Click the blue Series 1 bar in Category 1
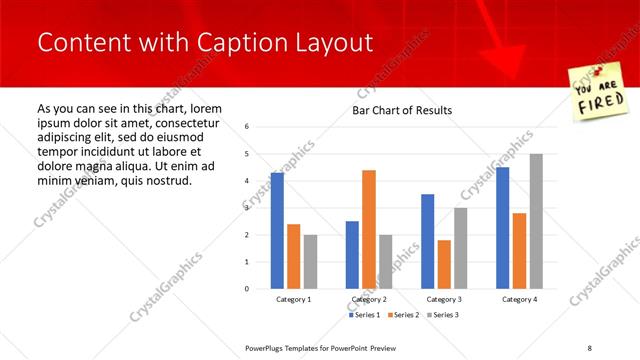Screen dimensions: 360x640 tap(277, 231)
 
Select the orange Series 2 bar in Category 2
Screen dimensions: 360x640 tap(368, 229)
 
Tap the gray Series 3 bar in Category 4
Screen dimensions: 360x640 tap(535, 221)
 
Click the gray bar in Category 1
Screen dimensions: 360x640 tap(310, 262)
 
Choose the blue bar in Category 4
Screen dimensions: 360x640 tap(502, 228)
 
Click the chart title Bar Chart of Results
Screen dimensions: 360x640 tap(402, 110)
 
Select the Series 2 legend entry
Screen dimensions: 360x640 tap(404, 315)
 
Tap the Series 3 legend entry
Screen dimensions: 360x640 tap(444, 315)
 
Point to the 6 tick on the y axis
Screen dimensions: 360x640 tap(246, 127)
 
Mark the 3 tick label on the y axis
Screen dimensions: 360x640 tap(246, 208)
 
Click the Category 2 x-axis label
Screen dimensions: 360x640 tap(368, 299)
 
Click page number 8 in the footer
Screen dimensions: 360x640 tap(590, 347)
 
